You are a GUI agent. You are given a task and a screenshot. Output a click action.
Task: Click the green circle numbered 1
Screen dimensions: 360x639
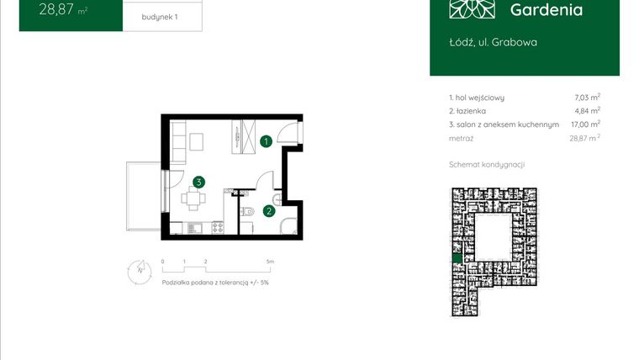coord(265,141)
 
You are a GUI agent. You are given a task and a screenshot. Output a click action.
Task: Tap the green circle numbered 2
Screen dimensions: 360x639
coord(268,211)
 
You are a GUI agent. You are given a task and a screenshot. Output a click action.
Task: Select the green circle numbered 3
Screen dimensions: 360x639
coord(198,181)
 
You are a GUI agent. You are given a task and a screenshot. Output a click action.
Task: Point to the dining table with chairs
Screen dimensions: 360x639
coord(195,200)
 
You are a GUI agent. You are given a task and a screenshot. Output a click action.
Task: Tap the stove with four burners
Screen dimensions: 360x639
coord(218,227)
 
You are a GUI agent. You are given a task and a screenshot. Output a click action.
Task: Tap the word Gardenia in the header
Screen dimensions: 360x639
coord(546,10)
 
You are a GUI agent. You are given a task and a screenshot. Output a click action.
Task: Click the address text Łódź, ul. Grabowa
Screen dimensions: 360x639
coord(493,41)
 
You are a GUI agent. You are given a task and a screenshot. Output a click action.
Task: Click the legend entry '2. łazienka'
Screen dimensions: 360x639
coord(467,110)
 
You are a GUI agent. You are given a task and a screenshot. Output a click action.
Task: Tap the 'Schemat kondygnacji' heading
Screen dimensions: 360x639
coord(487,164)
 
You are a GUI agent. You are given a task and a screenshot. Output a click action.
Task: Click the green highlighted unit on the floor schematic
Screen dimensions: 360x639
coord(457,257)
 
